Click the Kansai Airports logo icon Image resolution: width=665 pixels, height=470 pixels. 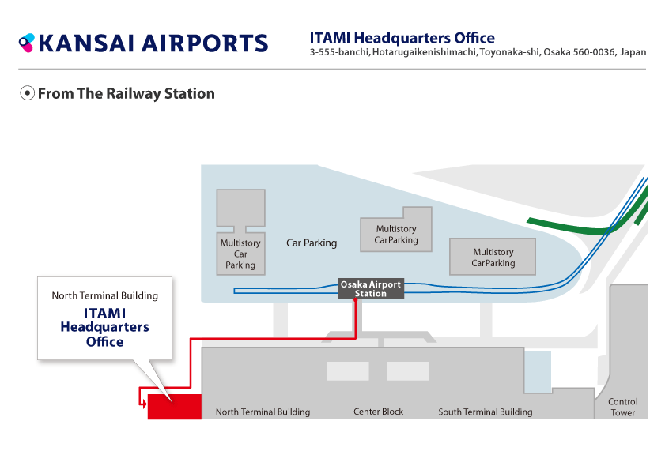tap(26, 43)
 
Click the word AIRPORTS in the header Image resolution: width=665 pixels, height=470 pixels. tap(205, 43)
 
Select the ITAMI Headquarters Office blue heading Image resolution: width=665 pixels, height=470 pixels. tap(402, 38)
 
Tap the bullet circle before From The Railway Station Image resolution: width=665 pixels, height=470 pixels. tap(27, 93)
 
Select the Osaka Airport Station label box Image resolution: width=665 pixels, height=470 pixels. tap(371, 288)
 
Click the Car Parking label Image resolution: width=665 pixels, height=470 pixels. tap(312, 243)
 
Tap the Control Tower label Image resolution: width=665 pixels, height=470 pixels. tap(622, 407)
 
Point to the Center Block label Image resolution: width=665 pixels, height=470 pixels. tap(378, 412)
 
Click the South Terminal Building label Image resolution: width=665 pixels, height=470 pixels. tap(486, 412)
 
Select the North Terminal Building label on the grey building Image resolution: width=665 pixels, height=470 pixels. tap(263, 412)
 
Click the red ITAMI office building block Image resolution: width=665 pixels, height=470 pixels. tap(175, 407)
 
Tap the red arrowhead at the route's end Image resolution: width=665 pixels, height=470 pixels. tap(144, 404)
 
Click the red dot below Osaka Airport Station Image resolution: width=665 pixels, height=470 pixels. tap(355, 300)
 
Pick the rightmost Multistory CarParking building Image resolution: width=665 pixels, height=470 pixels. tap(493, 257)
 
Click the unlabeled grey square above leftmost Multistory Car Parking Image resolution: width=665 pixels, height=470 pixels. tap(241, 208)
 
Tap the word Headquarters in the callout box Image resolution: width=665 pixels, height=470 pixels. tap(104, 327)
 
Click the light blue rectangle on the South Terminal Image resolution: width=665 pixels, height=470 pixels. tap(538, 371)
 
